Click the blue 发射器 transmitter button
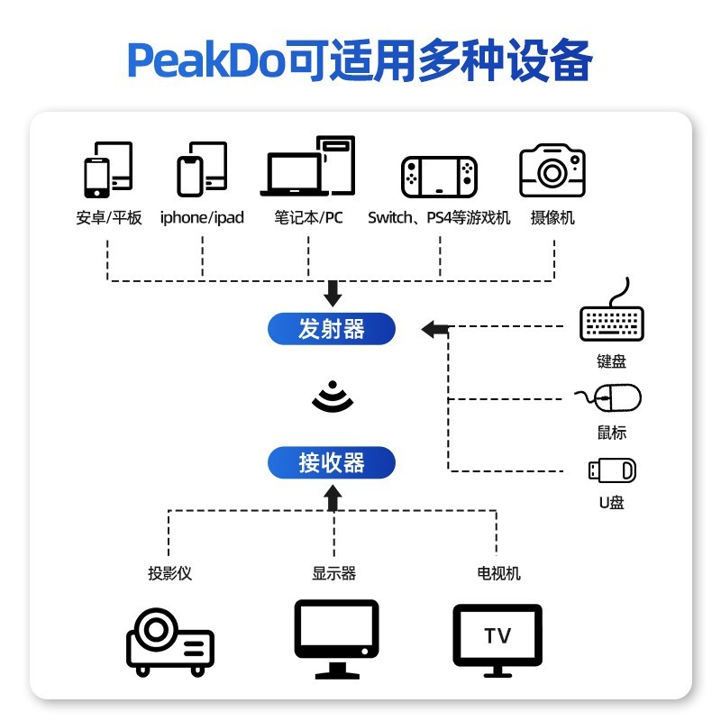coord(332,329)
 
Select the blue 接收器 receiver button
coord(332,463)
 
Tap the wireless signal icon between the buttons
coord(333,396)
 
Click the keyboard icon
coord(612,319)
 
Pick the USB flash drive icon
coord(612,470)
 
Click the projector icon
coord(169,641)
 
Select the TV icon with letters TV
coord(497,638)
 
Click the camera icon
coord(552,169)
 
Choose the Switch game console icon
coord(440,178)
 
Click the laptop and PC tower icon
coord(308,167)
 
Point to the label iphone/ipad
coord(202,217)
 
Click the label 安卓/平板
coord(109,217)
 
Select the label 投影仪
coord(170,573)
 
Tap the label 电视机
coord(498,573)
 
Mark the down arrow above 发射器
coord(333,293)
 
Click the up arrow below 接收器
coord(333,497)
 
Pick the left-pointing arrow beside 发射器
coord(434,329)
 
